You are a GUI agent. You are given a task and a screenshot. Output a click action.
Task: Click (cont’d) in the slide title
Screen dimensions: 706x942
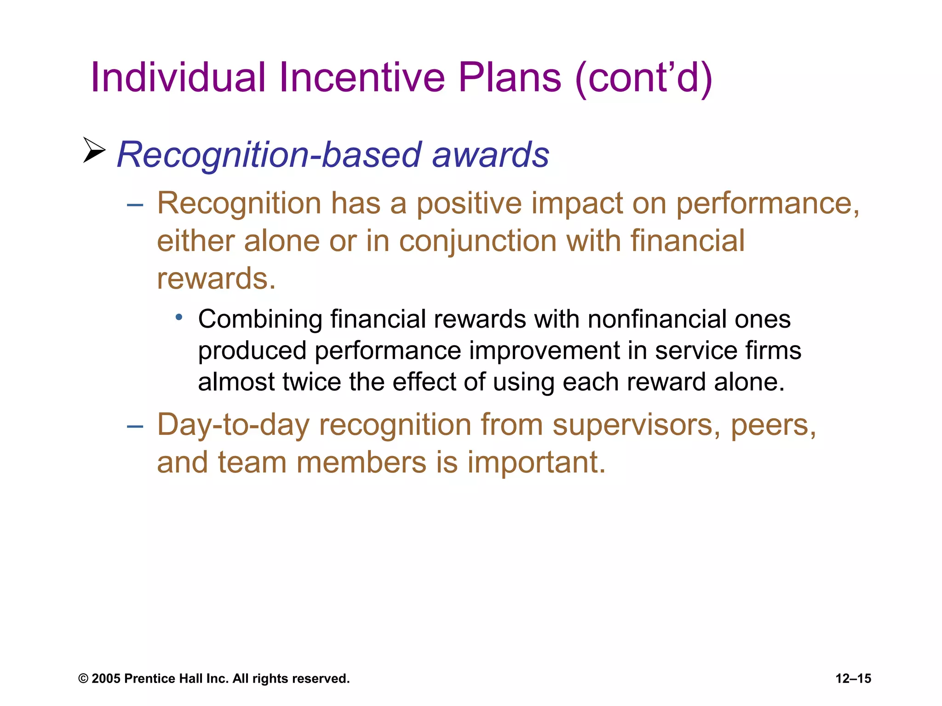(x=644, y=78)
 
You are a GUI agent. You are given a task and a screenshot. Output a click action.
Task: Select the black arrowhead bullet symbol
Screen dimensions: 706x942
(x=94, y=150)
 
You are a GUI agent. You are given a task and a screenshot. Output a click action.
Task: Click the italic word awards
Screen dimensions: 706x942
(x=490, y=155)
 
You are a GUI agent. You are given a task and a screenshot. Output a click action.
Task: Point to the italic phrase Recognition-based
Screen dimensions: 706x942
(x=269, y=155)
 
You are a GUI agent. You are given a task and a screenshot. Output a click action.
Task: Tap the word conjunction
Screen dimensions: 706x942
(x=477, y=241)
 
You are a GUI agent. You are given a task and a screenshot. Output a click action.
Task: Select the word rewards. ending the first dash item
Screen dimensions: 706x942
(x=216, y=279)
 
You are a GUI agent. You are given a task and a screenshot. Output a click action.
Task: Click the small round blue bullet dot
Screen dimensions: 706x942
(x=179, y=317)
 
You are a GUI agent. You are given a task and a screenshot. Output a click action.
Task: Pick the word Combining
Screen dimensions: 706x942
(x=260, y=319)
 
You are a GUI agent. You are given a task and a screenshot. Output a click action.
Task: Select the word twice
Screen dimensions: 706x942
(x=311, y=382)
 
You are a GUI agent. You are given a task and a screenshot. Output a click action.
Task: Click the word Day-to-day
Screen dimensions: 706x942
(x=233, y=425)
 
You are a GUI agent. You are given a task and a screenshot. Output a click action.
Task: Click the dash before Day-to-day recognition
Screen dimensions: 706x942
(x=135, y=427)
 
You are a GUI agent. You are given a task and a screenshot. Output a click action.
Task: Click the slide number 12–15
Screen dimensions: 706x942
(x=853, y=679)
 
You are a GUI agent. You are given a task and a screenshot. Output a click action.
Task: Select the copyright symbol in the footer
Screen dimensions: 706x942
(x=83, y=679)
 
